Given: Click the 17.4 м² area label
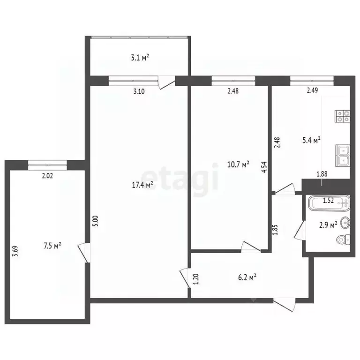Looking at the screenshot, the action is tap(142, 185).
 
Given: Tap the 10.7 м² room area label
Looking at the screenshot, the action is tap(238, 165).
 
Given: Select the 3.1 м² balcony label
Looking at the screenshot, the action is tap(140, 57).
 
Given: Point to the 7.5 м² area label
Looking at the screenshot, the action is tap(52, 246).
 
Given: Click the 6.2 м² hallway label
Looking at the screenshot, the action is tap(247, 277).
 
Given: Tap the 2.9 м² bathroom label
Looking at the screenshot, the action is tap(328, 225).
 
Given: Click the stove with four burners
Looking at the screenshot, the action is tap(342, 116).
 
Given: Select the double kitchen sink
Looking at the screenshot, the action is tap(343, 156).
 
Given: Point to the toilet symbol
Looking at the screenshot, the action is tap(343, 240).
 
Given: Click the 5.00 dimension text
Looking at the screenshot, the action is tap(96, 221).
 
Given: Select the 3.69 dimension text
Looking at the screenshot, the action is tap(15, 251).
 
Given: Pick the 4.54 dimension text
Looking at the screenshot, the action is tap(264, 167).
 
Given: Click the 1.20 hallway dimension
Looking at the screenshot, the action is tap(196, 279).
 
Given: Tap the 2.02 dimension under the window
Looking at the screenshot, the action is tap(47, 176).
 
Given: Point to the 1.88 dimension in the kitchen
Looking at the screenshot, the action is tap(322, 174).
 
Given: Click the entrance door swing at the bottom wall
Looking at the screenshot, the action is tap(284, 305).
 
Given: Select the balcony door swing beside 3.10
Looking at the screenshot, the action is tap(167, 82).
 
